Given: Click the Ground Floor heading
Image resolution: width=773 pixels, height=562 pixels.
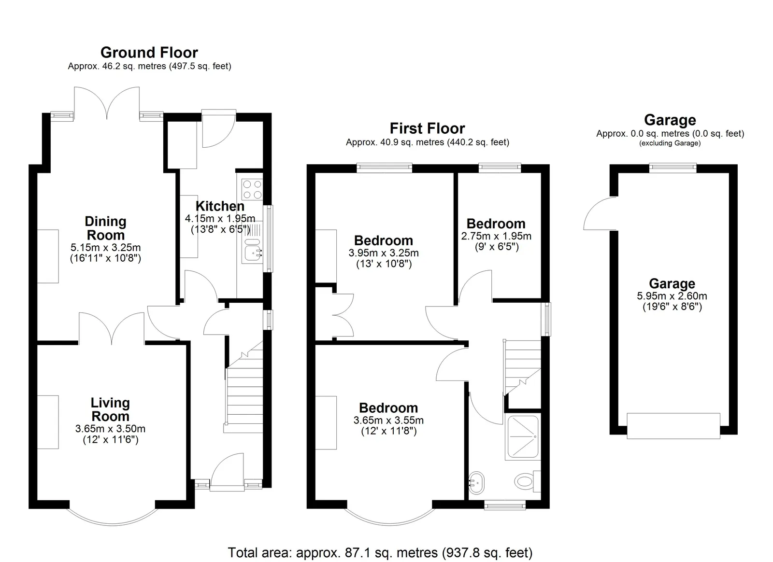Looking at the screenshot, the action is (149, 53).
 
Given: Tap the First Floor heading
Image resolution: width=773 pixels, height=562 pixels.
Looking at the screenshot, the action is (427, 128).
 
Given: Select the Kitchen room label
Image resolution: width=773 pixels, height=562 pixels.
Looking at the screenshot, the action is (220, 206).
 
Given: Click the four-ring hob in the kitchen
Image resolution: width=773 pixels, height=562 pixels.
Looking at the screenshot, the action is (252, 189).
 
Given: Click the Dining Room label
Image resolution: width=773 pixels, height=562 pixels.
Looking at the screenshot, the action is (106, 228).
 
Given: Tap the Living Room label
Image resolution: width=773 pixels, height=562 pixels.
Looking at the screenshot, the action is (110, 409).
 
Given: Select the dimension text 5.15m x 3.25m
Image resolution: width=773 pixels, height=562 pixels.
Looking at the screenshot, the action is (106, 247).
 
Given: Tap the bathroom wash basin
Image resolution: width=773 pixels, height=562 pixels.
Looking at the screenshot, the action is (476, 483).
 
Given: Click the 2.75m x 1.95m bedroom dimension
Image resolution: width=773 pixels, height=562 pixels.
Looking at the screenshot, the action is (496, 236).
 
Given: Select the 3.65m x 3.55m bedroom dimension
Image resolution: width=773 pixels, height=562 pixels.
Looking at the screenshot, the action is (388, 420).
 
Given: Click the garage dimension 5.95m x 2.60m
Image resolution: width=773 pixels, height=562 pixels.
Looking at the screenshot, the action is (672, 296).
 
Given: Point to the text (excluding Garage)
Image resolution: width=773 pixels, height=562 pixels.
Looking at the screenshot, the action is (670, 143).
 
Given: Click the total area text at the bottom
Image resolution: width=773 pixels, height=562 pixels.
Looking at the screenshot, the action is (380, 552).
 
